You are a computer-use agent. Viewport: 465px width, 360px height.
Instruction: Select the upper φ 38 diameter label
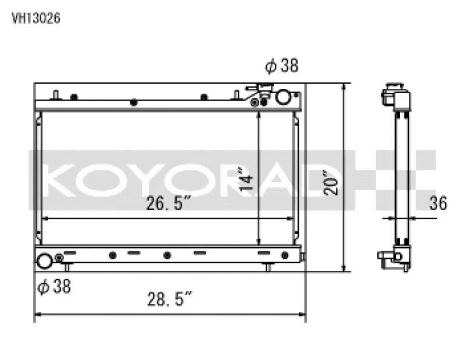tap(281, 66)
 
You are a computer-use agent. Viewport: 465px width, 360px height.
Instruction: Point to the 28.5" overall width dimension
tap(169, 301)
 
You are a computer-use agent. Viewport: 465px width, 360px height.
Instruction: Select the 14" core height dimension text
tap(248, 180)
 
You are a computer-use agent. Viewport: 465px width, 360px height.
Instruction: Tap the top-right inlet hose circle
tap(283, 97)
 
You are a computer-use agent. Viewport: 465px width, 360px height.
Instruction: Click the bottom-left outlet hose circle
tap(45, 261)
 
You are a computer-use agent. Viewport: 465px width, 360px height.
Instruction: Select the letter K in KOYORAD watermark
tap(59, 180)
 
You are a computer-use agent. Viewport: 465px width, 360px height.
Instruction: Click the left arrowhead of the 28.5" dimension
tap(37, 316)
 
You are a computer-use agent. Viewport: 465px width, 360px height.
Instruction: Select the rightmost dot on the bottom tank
tap(284, 255)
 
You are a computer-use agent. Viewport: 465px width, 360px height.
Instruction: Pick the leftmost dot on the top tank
tap(74, 97)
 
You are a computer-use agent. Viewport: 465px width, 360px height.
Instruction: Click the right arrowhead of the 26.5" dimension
tap(294, 219)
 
